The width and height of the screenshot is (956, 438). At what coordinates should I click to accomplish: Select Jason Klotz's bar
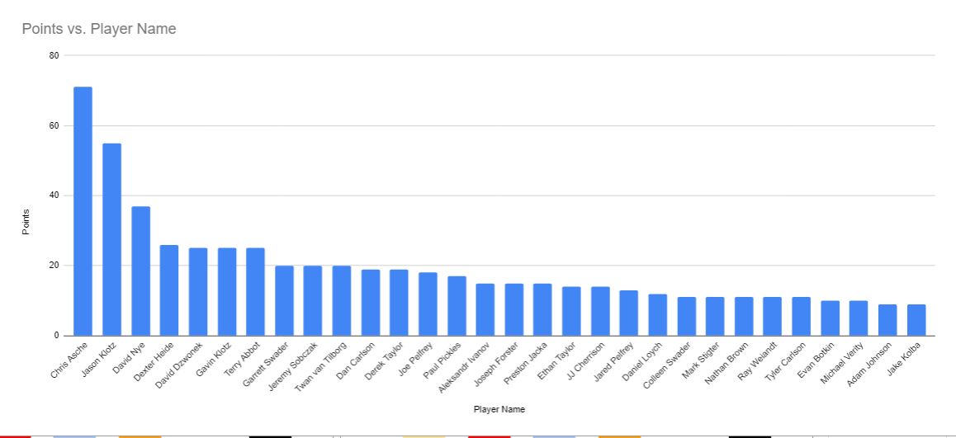(111, 239)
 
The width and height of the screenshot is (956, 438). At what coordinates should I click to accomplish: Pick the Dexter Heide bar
(169, 290)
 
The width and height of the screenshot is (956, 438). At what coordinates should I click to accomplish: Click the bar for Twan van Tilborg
(342, 300)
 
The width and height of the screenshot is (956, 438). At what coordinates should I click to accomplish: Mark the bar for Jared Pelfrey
(629, 313)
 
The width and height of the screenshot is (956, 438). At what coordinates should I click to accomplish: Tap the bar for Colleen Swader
(687, 316)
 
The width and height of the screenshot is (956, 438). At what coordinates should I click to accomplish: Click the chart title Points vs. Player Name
(99, 29)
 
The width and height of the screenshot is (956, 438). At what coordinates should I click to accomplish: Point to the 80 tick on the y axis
(54, 55)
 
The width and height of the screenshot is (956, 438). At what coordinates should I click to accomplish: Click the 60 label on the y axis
(54, 125)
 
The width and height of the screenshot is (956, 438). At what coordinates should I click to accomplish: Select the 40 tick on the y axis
(54, 195)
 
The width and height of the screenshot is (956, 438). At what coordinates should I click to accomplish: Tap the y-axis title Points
(26, 221)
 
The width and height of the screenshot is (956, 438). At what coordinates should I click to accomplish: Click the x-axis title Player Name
(499, 409)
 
